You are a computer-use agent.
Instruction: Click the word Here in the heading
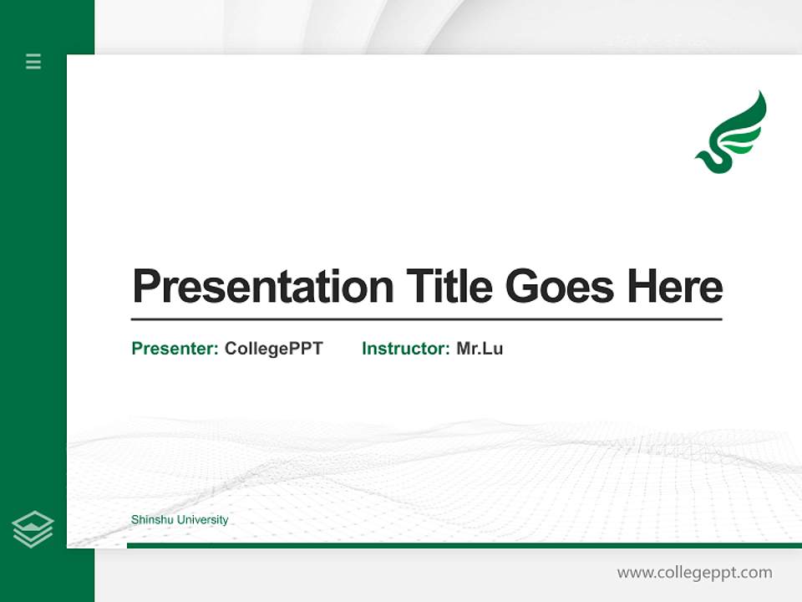click(675, 287)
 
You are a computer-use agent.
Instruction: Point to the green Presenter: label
click(175, 349)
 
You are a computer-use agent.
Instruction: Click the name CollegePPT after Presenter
click(273, 349)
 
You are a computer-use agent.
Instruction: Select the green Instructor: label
click(405, 349)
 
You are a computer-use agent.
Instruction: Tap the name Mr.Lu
click(480, 349)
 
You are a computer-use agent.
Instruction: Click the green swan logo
click(732, 134)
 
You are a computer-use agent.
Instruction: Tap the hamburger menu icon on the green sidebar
click(33, 61)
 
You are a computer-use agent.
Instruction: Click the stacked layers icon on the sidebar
click(33, 529)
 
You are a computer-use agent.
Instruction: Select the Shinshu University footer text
click(180, 520)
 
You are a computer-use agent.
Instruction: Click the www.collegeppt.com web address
click(694, 573)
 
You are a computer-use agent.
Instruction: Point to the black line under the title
click(426, 319)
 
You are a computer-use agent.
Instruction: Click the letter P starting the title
click(145, 287)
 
